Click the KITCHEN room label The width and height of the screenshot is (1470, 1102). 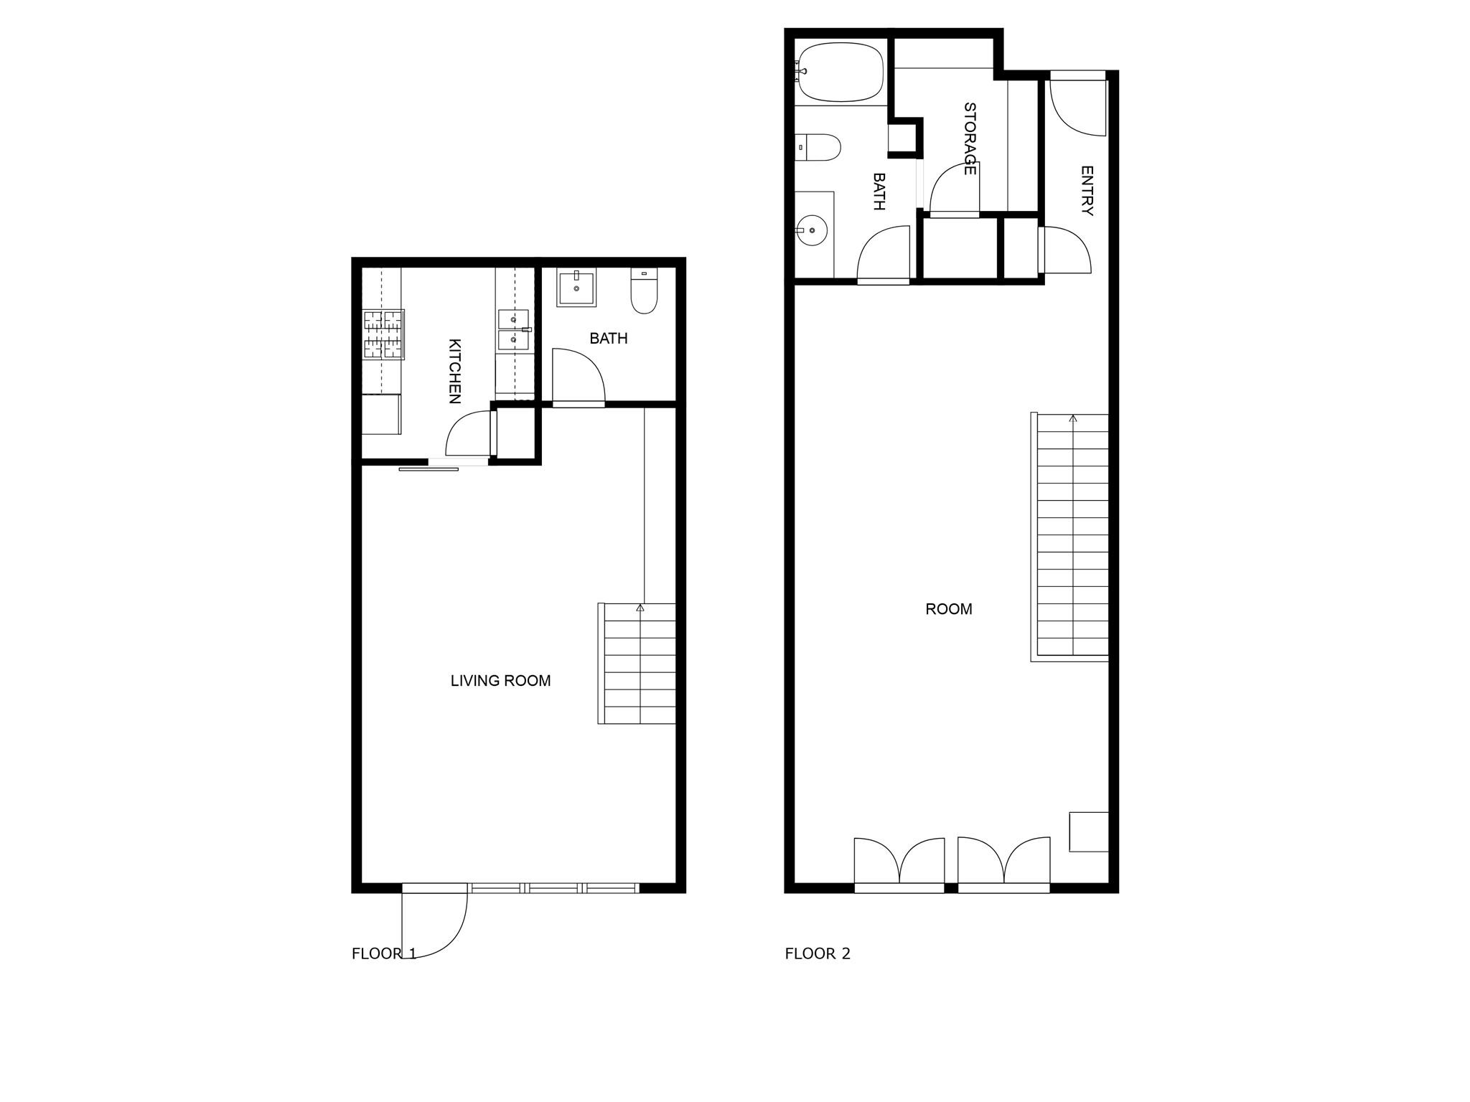(454, 371)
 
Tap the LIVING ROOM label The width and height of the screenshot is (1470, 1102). (500, 681)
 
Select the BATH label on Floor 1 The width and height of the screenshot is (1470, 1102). (608, 338)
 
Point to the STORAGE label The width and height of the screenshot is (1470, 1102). (969, 138)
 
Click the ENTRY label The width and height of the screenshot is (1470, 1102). (1087, 191)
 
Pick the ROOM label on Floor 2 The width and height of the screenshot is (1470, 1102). (948, 609)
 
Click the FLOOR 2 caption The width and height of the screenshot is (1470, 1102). (817, 953)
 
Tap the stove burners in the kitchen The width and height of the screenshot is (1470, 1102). (383, 334)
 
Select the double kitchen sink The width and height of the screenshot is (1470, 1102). (513, 329)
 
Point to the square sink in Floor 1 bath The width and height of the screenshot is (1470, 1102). (576, 287)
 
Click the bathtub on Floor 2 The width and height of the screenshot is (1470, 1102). (841, 72)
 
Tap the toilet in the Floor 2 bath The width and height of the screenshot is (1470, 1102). (819, 147)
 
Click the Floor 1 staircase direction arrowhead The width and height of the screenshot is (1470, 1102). (640, 608)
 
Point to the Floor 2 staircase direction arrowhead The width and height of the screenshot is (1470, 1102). (1073, 418)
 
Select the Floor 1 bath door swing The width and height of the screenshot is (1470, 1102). (578, 377)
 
